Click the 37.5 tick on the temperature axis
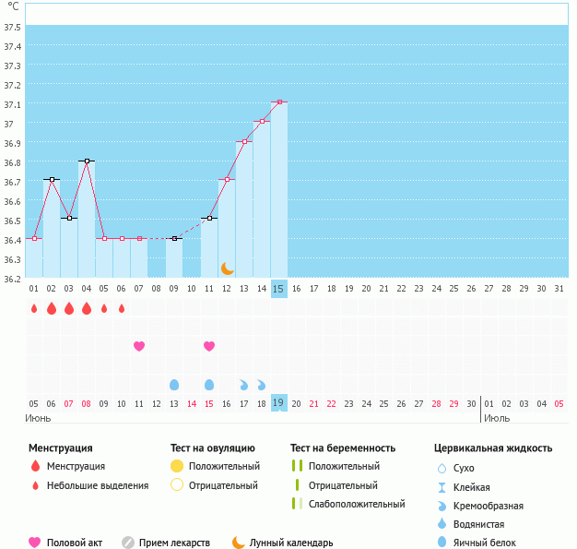click(13, 27)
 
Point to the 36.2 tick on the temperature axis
click(13, 279)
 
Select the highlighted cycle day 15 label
click(279, 289)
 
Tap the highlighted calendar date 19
click(279, 403)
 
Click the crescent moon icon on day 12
click(227, 268)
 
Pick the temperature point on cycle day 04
click(87, 161)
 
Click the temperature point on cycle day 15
click(279, 102)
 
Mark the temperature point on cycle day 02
click(52, 180)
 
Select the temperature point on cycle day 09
click(174, 238)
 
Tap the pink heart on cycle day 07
click(139, 346)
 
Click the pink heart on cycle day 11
click(209, 346)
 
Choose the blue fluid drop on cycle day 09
click(174, 384)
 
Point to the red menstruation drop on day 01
click(34, 308)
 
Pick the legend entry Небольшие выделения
click(98, 485)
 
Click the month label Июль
click(497, 418)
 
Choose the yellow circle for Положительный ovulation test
click(178, 466)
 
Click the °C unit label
click(13, 6)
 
